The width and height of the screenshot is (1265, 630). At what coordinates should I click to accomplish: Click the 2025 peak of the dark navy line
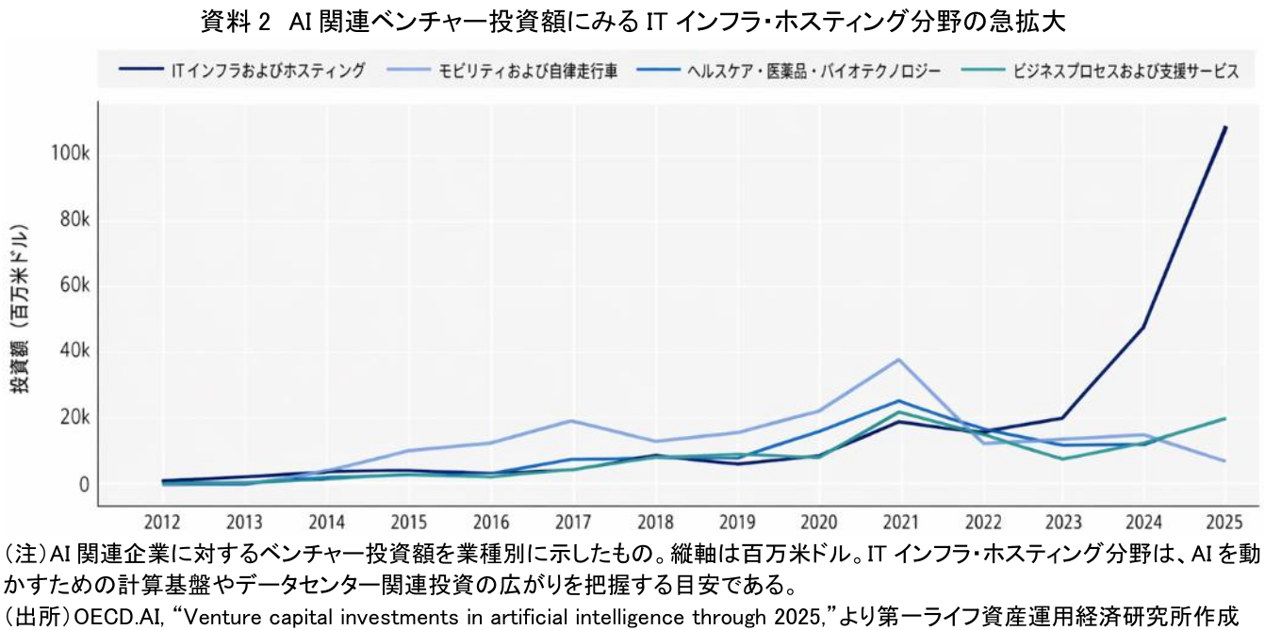pos(1224,127)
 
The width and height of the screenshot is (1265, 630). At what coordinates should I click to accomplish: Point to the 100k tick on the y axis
pos(71,154)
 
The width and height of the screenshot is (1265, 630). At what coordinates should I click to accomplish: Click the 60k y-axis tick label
pos(74,286)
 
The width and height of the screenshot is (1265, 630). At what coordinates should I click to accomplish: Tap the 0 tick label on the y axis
pos(84,485)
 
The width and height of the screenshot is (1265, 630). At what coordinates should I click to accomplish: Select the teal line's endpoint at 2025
pos(1224,418)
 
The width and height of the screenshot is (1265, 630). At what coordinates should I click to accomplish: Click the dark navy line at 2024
pos(1143,328)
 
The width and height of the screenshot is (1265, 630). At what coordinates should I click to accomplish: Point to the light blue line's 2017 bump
pos(571,421)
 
